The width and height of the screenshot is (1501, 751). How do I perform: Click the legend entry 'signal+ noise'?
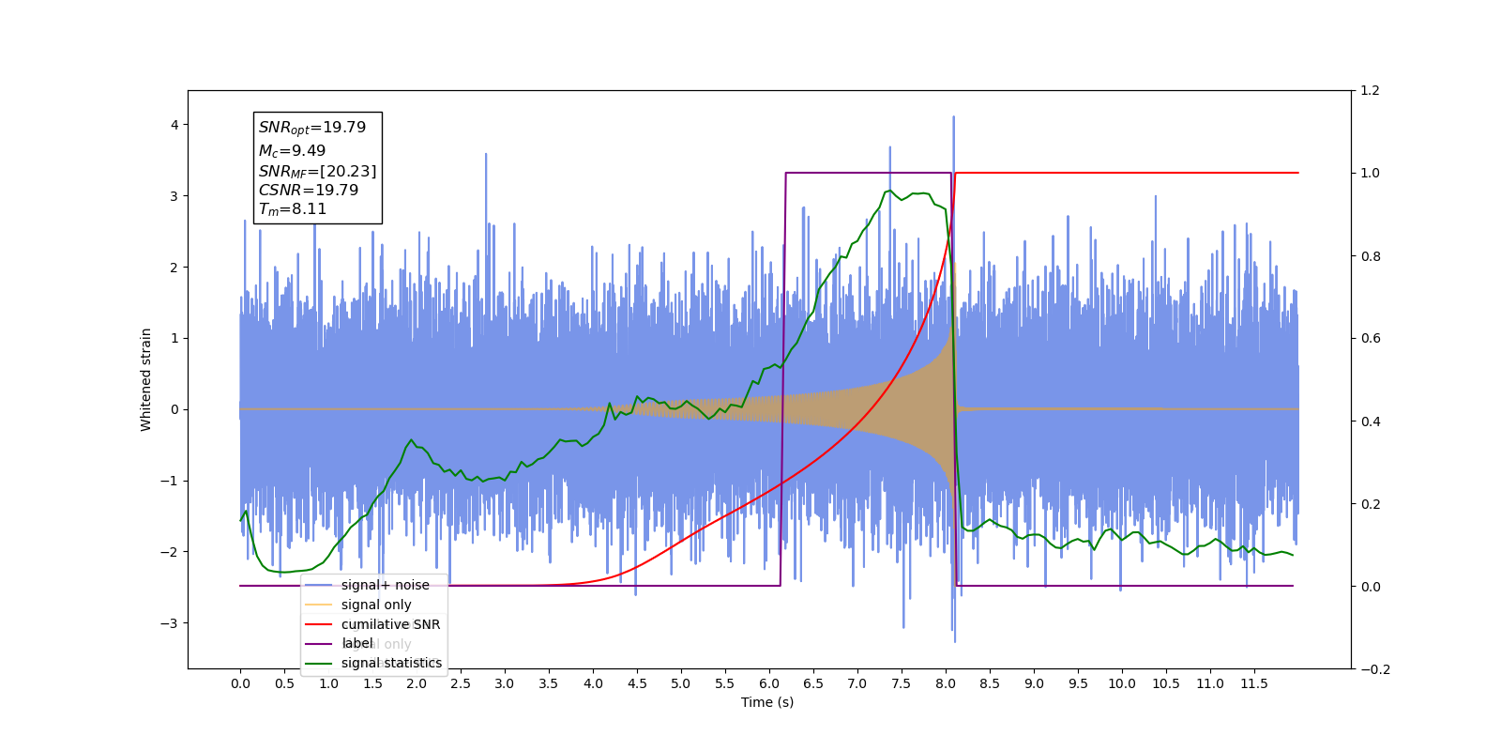tap(385, 585)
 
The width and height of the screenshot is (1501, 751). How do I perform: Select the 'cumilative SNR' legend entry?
tap(390, 624)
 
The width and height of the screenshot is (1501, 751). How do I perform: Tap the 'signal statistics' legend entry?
tap(391, 663)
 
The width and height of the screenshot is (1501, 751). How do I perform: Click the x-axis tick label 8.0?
tap(946, 683)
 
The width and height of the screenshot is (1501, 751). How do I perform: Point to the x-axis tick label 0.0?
tap(240, 683)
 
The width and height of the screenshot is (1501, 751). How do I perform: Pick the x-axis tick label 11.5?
tap(1254, 683)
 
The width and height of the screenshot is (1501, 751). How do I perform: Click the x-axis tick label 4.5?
tap(637, 683)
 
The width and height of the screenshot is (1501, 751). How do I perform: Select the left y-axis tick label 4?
tap(174, 125)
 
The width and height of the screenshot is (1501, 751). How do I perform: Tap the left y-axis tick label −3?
tap(170, 623)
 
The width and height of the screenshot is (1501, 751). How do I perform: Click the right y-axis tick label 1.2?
tap(1371, 91)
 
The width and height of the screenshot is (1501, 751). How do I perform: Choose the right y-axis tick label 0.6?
tap(1371, 339)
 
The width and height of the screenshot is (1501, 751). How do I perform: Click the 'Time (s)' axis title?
tap(767, 702)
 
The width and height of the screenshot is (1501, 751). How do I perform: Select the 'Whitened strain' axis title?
tap(146, 379)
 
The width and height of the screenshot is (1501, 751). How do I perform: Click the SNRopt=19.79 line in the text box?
tap(312, 128)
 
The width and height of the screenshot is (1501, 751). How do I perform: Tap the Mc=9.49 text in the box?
tap(293, 151)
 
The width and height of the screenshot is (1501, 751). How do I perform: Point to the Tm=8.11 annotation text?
tap(293, 209)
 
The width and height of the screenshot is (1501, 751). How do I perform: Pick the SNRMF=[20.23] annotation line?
tap(317, 171)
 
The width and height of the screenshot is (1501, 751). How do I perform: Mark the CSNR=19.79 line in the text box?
tap(309, 190)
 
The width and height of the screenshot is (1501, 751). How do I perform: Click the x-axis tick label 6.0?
tap(769, 683)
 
